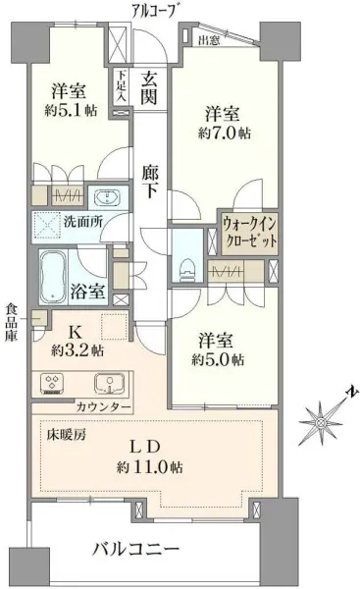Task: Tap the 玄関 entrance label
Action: (150, 87)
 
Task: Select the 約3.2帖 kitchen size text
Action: (77, 348)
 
